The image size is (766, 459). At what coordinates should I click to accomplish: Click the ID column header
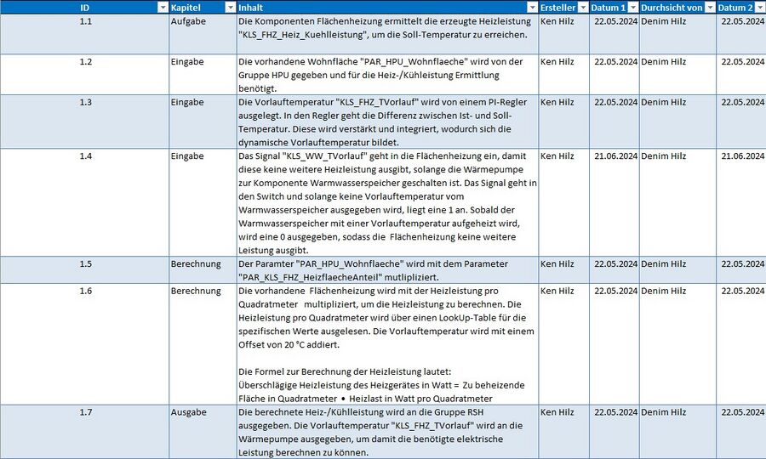click(x=84, y=7)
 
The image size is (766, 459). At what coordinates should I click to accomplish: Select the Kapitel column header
click(x=186, y=7)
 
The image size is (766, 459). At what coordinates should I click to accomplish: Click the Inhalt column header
click(x=250, y=7)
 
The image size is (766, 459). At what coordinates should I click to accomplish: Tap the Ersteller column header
click(x=558, y=7)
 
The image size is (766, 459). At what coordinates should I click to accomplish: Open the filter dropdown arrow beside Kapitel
click(x=230, y=7)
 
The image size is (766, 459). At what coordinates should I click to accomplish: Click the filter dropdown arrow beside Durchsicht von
click(x=710, y=7)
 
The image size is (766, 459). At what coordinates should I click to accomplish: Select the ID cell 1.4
click(x=85, y=156)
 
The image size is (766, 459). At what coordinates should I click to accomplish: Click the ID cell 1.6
click(x=85, y=291)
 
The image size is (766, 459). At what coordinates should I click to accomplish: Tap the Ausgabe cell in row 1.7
click(x=188, y=412)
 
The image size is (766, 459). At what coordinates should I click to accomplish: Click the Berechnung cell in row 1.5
click(x=196, y=263)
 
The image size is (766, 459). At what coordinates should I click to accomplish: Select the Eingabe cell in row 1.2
click(x=187, y=62)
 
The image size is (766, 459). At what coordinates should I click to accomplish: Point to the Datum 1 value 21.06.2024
click(x=615, y=156)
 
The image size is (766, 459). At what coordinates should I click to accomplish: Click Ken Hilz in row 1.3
click(x=557, y=102)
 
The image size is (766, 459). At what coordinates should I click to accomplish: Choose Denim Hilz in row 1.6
click(x=663, y=291)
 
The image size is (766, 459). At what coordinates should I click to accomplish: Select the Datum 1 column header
click(x=609, y=7)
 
